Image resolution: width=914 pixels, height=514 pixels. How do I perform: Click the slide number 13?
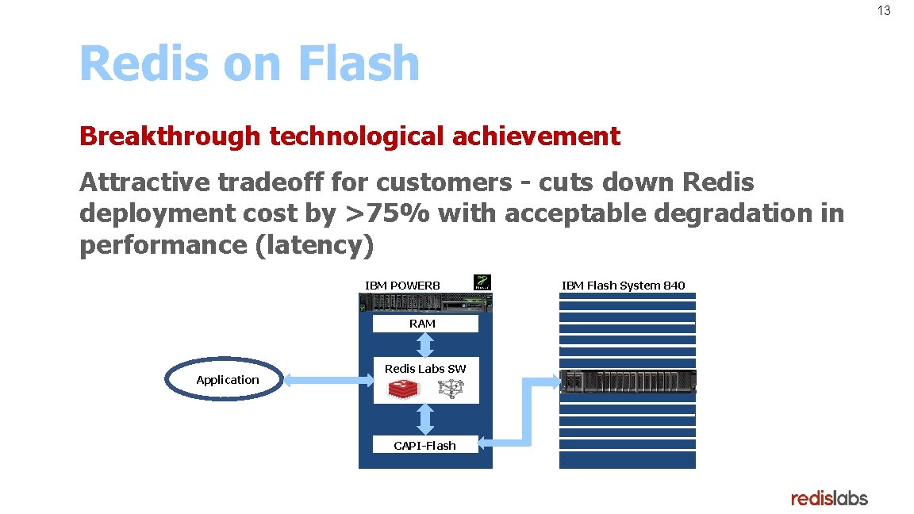(x=884, y=11)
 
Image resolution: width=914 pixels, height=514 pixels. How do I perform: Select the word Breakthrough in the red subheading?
(x=169, y=136)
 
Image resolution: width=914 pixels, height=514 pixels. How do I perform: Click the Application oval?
(x=227, y=380)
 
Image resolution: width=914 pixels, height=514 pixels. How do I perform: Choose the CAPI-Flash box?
(x=425, y=445)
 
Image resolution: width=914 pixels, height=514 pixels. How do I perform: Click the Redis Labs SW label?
(x=425, y=369)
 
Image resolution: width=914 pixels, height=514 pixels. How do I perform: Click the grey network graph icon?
(x=450, y=389)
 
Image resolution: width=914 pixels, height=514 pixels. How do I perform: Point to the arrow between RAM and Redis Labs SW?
(x=425, y=345)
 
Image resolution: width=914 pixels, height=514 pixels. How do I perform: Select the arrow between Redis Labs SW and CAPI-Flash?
(x=425, y=420)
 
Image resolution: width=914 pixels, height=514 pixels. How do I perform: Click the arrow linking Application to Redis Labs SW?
(x=328, y=382)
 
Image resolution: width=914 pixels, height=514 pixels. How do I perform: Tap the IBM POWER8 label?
(x=402, y=286)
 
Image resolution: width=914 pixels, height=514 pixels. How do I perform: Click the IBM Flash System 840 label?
(x=624, y=286)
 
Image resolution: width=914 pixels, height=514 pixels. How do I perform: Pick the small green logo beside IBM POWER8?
(x=482, y=282)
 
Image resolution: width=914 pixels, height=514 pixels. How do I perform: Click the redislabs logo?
(x=829, y=498)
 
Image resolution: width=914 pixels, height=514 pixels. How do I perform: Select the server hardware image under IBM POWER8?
(x=425, y=303)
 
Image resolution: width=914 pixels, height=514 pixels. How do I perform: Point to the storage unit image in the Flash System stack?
(x=628, y=381)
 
